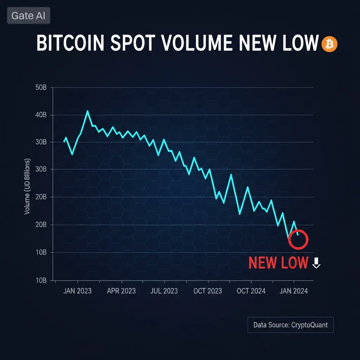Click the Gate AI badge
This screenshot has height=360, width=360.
coord(28,16)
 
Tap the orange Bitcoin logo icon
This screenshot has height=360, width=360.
coord(329,45)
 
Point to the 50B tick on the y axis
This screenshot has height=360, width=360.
coord(41,88)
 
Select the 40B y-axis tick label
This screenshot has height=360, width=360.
coord(41,115)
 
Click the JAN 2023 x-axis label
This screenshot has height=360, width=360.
coord(77,291)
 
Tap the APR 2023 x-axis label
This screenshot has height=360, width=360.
coord(121,291)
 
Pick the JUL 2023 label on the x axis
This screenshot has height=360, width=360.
coord(164,291)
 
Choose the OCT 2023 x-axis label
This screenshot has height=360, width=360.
coord(208,291)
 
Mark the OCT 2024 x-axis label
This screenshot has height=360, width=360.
coord(251,291)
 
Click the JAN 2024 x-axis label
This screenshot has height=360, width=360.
coord(294,291)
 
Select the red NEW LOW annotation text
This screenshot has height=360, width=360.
coord(278,263)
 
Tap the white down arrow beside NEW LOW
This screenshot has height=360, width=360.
coord(316,263)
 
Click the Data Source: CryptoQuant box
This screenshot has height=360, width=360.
coord(290,325)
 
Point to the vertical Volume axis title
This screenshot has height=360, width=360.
coord(27,186)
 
